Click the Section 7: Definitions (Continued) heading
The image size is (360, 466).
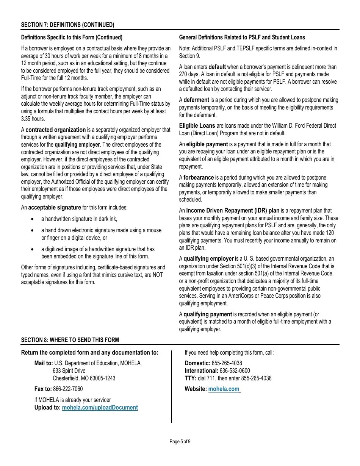(67, 25)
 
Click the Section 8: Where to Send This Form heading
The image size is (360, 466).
(70, 340)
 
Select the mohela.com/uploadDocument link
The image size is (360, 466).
(100, 408)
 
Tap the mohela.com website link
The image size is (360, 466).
(224, 389)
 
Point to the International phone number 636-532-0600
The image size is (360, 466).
(235, 371)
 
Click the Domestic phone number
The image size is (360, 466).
(227, 363)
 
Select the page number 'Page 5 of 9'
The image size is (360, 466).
(180, 441)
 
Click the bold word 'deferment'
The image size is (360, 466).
(196, 100)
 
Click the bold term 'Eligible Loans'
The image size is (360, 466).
(197, 126)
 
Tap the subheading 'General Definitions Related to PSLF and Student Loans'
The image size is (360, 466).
(242, 38)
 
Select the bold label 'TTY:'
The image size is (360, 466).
(190, 378)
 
